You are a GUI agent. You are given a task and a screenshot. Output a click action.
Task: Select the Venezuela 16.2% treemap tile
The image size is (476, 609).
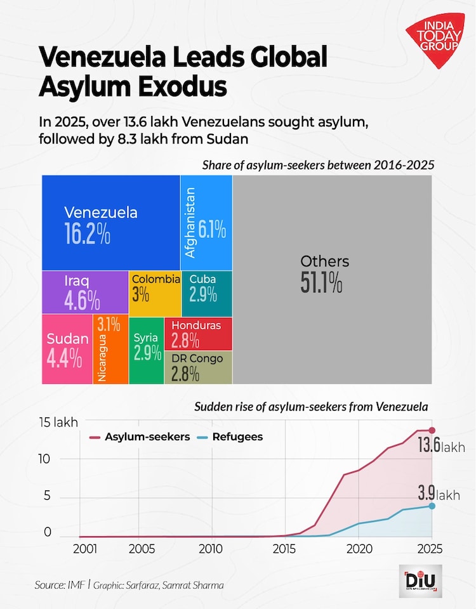110,223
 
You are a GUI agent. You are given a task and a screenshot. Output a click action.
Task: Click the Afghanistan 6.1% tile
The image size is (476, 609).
206,223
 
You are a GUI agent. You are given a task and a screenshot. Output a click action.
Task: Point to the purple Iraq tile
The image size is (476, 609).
85,292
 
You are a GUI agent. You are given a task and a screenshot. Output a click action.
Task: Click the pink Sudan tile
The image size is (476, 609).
67,349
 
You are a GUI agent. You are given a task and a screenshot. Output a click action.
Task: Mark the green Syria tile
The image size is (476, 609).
147,349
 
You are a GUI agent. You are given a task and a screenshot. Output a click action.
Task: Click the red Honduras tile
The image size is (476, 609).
198,334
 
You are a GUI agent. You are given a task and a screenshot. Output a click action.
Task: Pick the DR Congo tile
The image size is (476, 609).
198,367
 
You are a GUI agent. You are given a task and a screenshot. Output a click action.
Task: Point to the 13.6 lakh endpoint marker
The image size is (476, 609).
432,431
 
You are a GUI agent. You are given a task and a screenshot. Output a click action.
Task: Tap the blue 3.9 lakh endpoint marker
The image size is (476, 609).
432,506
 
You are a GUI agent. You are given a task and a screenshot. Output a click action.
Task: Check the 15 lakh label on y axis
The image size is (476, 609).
57,422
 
